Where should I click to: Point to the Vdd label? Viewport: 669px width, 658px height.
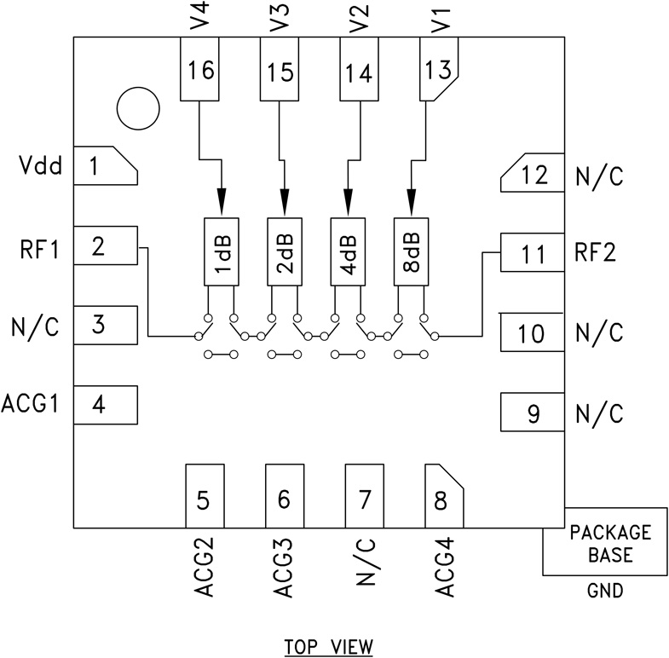(41, 166)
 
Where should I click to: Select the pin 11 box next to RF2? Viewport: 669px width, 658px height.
(532, 253)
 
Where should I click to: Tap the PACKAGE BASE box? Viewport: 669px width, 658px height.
(605, 544)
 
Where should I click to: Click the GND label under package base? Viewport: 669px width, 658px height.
(605, 591)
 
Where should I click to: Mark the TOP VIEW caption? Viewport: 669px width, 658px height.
(328, 646)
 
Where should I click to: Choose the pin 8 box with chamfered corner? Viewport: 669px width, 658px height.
(442, 497)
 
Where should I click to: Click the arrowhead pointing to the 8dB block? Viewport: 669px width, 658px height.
(412, 203)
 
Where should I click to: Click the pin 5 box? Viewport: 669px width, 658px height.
(205, 497)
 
